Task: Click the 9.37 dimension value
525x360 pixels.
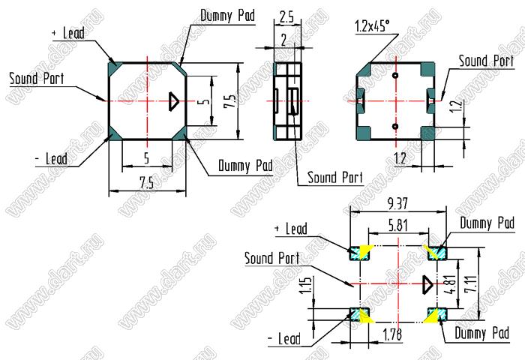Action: coord(398,203)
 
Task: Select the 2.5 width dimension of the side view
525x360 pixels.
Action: coord(285,16)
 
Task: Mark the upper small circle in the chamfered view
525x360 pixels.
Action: coord(395,76)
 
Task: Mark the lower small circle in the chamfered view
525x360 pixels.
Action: coord(395,127)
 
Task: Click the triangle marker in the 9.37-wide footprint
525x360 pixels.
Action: coord(427,285)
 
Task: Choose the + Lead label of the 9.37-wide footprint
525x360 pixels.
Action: coord(292,229)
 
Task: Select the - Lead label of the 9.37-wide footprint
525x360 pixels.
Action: coord(283,339)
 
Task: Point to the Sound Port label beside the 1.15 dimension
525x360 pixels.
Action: coord(271,258)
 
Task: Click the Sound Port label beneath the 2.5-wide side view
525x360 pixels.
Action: coord(335,178)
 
